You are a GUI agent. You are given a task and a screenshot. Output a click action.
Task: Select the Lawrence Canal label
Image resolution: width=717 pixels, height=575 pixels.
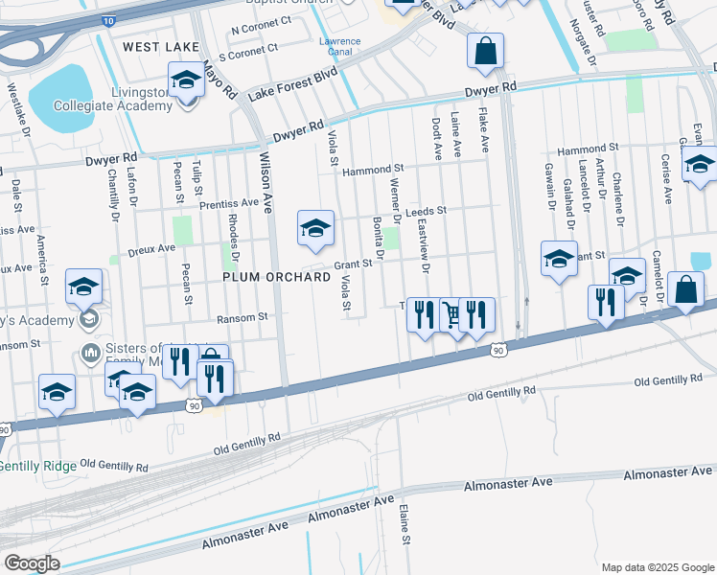tap(339, 47)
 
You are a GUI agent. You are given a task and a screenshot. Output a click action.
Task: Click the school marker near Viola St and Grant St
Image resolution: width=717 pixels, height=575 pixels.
tap(315, 228)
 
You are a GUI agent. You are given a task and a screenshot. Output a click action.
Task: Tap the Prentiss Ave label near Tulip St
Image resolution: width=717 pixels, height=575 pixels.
tap(229, 203)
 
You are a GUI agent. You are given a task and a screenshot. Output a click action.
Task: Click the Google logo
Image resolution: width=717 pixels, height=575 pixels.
tap(31, 563)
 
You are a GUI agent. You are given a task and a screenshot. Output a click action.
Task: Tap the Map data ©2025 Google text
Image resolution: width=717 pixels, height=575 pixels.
tap(657, 567)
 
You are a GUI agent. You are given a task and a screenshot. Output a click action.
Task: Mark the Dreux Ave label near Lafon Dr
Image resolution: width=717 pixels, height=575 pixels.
tap(153, 248)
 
